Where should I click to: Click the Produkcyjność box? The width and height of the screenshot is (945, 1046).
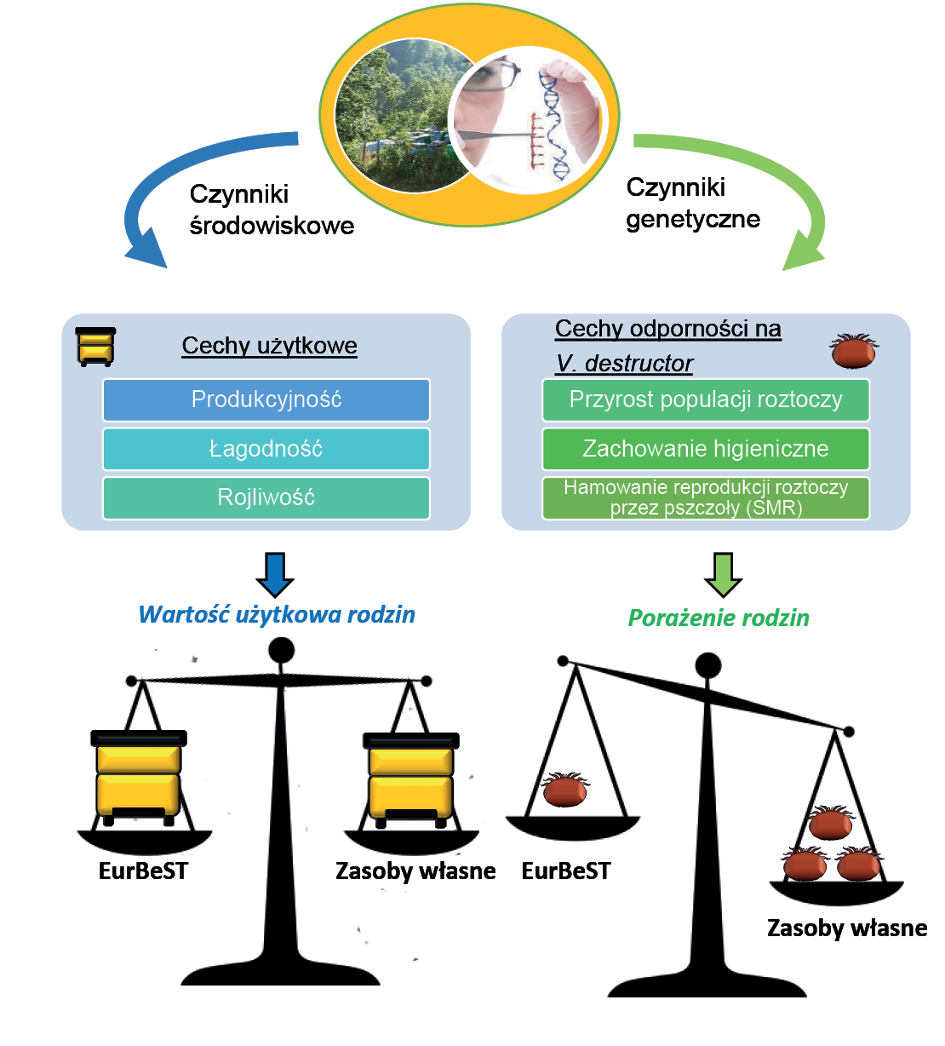coord(266,399)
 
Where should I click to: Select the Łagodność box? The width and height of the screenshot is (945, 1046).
coord(266,449)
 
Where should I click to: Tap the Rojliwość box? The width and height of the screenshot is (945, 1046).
coord(266,497)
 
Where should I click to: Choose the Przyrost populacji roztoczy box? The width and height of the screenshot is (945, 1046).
coord(706,399)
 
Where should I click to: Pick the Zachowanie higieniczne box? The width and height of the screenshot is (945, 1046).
coord(706,449)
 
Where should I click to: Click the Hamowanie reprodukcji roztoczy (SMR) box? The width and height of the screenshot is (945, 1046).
coord(706,498)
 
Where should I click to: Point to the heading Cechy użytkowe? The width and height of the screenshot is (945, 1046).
coord(269,346)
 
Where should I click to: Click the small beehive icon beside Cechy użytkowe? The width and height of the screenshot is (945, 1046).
coord(95,347)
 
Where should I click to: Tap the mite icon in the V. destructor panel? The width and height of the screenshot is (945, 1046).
coord(854,351)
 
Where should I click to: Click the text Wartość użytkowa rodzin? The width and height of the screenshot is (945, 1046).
coord(277,615)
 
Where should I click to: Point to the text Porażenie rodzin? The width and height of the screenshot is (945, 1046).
coord(719,618)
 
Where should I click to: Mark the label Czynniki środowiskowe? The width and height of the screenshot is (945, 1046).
coord(271,210)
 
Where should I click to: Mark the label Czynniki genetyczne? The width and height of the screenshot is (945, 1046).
coord(692,204)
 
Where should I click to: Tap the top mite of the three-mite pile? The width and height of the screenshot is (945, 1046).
coord(830,824)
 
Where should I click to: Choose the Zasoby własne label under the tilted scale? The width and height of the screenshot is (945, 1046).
coord(847,928)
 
